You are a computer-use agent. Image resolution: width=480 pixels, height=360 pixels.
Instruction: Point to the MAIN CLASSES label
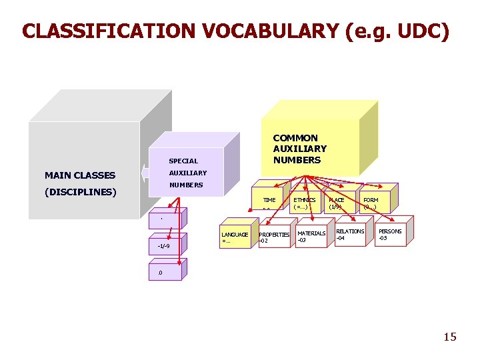80,175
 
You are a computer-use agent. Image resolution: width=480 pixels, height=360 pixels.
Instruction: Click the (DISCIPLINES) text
81,193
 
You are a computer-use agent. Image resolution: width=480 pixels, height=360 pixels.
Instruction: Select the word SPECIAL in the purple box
183,161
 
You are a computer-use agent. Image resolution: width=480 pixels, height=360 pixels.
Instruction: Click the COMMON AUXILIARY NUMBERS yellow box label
300,149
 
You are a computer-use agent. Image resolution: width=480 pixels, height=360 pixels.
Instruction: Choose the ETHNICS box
305,203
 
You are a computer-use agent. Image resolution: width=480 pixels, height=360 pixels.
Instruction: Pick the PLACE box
337,203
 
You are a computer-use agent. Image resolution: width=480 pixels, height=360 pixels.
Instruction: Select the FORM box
371,203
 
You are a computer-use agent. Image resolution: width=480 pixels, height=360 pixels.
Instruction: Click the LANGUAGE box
235,237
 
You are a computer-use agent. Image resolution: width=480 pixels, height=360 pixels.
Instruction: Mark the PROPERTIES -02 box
274,237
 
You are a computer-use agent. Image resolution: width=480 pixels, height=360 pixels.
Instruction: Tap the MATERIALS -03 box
311,236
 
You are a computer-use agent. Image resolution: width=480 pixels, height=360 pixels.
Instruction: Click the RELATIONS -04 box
350,234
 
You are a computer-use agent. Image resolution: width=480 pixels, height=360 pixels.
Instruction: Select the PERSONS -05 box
390,234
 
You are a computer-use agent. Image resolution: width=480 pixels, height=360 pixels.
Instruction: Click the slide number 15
450,337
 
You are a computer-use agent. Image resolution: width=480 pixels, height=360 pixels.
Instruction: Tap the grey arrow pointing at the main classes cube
144,173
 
